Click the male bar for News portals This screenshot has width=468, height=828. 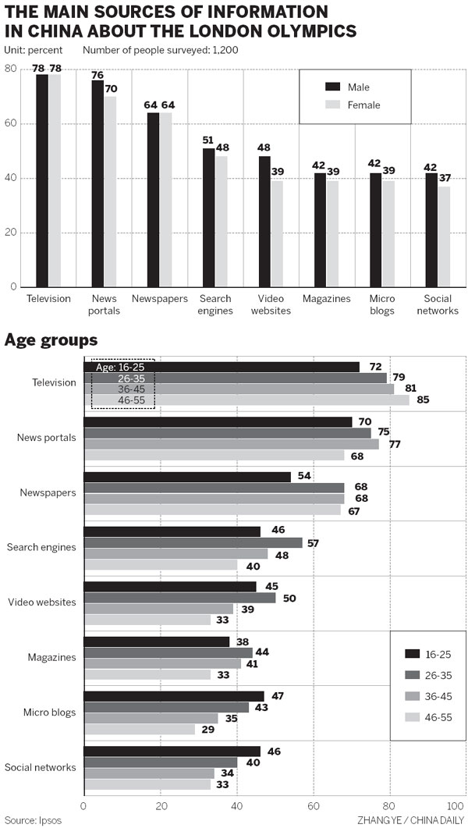[x=97, y=183]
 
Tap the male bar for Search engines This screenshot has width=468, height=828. [x=208, y=218]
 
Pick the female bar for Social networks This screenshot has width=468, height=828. [x=444, y=236]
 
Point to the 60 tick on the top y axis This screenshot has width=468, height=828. [x=11, y=123]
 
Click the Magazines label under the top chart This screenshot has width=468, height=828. [x=325, y=299]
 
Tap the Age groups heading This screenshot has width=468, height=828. [x=51, y=340]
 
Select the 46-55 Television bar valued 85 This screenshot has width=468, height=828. [x=246, y=400]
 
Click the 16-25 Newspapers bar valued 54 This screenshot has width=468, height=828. [x=187, y=477]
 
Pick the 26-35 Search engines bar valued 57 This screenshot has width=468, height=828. [x=193, y=542]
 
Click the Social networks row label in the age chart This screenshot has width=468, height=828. [x=41, y=768]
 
